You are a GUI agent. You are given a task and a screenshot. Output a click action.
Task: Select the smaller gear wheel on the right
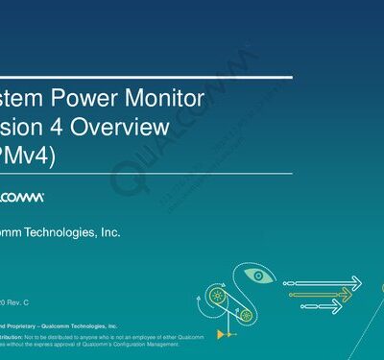click(247, 314)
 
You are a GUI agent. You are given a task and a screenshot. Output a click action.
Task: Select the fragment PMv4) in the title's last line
click(24, 154)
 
